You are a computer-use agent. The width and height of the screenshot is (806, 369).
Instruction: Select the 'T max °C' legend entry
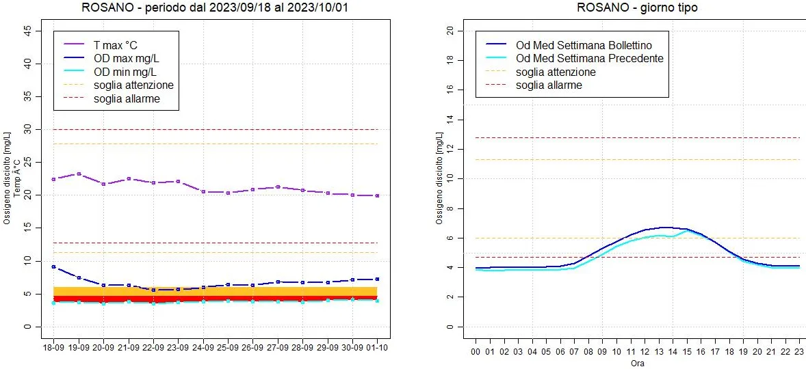pyautogui.click(x=115, y=43)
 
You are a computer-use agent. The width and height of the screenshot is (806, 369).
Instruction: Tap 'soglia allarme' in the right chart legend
pyautogui.click(x=549, y=85)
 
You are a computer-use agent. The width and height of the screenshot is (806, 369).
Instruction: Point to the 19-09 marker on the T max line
pyautogui.click(x=79, y=174)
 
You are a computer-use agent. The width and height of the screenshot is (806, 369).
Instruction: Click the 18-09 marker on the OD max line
pyautogui.click(x=53, y=266)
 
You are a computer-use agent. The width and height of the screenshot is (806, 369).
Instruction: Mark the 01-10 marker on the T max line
pyautogui.click(x=377, y=195)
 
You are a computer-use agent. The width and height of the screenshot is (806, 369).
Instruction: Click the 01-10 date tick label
pyautogui.click(x=377, y=347)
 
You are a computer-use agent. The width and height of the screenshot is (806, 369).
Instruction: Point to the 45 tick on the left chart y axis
pyautogui.click(x=27, y=31)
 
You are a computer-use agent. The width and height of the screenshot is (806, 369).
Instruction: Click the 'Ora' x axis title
pyautogui.click(x=638, y=363)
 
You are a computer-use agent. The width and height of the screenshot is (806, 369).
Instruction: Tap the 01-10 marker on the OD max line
pyautogui.click(x=377, y=279)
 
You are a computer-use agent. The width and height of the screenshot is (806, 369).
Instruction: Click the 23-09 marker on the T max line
pyautogui.click(x=178, y=181)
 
